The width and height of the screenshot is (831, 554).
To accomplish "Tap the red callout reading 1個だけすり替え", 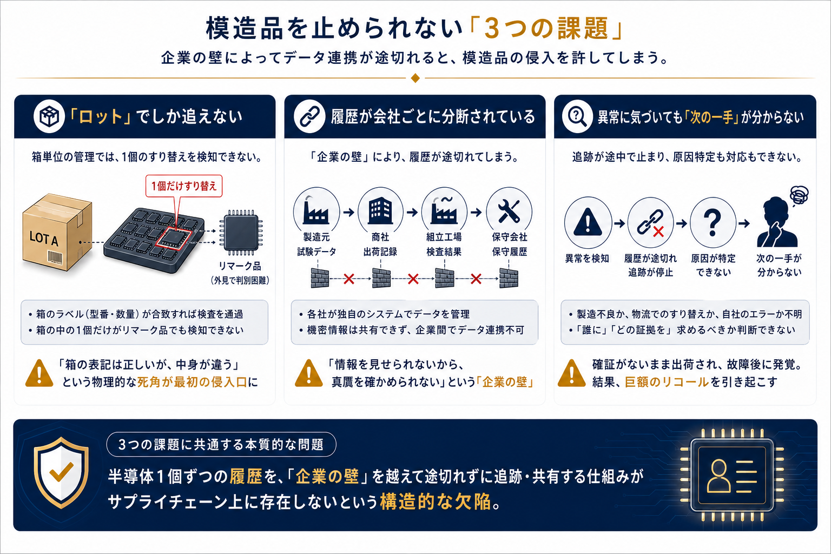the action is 184,186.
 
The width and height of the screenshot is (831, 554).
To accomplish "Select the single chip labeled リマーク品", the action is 241,233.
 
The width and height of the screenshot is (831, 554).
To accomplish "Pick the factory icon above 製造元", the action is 316,211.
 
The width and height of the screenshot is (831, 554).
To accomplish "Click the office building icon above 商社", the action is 380,210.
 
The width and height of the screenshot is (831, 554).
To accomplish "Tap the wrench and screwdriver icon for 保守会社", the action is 509,211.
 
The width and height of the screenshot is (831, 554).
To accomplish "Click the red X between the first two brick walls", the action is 349,279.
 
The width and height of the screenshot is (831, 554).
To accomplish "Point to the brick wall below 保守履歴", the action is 509,278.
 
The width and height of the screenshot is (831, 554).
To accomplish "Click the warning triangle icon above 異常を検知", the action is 588,222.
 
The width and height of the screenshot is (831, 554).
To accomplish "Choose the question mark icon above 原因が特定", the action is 713,223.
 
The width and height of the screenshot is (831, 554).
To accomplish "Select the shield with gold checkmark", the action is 61,472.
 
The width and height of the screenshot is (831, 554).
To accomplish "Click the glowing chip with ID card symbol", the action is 732,475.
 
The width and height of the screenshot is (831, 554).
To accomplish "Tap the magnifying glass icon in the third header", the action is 577,116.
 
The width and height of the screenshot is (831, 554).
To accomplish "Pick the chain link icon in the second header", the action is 309,116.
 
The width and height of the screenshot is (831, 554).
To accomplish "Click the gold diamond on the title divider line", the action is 415,78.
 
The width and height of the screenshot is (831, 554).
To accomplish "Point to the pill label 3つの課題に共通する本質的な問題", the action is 221,445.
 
